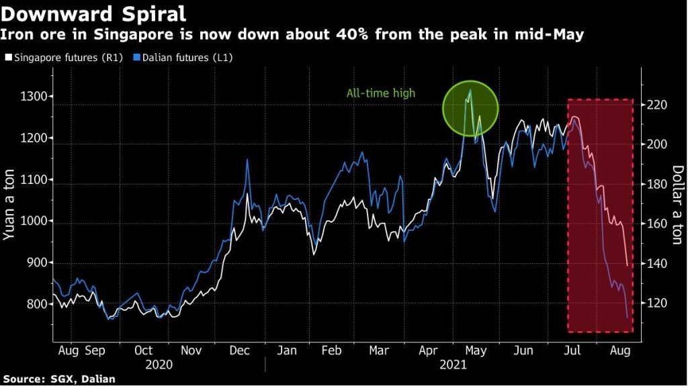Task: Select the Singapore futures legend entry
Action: [x=64, y=58]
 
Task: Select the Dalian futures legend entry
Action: [x=183, y=58]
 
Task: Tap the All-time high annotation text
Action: [x=380, y=93]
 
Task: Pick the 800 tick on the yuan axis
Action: [x=37, y=304]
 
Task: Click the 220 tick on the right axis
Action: [x=657, y=105]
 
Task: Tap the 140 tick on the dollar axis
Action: [x=657, y=263]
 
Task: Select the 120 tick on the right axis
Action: [x=657, y=303]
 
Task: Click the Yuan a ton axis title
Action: [x=9, y=205]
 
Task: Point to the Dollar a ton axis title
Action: [x=678, y=205]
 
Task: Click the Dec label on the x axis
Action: [x=240, y=350]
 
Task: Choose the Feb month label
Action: [x=331, y=350]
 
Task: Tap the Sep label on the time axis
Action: [x=95, y=351]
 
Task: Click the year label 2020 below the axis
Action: [x=159, y=365]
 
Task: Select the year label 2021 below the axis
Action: [x=454, y=365]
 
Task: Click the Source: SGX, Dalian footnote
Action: [x=59, y=379]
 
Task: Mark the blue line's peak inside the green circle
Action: [x=470, y=90]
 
